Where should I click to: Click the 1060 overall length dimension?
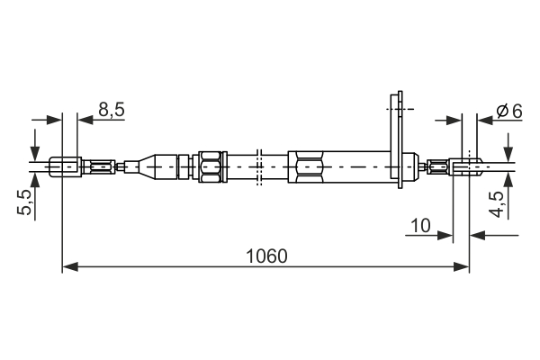(265, 256)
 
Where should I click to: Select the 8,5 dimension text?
(112, 110)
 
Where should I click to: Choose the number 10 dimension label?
(420, 225)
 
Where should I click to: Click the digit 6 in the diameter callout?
(517, 111)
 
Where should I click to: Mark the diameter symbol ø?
(502, 111)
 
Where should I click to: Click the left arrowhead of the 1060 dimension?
(70, 266)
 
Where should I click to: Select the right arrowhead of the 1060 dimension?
(462, 266)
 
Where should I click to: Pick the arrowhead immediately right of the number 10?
(445, 236)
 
